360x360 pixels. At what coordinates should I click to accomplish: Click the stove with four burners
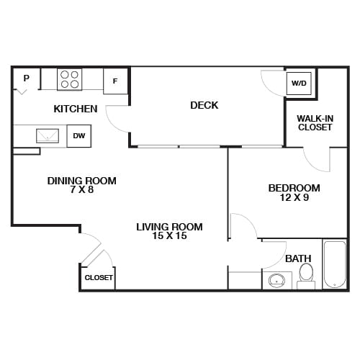coord(70,78)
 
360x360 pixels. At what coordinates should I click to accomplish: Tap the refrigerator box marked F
coord(115,81)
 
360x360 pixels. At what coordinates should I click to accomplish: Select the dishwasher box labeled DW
coord(78,136)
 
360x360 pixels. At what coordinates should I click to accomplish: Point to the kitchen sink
coord(48,135)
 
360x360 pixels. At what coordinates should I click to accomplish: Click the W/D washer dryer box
coord(299,84)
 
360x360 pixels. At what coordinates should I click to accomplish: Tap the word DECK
coord(204,106)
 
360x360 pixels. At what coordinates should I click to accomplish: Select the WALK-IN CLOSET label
coord(315,122)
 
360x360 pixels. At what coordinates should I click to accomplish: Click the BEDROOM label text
coord(294,188)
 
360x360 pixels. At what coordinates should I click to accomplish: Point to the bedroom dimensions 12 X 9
coord(294,198)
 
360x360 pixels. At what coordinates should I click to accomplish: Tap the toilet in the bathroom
coord(306,274)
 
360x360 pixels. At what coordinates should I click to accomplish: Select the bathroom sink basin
coord(276,281)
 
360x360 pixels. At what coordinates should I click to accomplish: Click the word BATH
coord(298,258)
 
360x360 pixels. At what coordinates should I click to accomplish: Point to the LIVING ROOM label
coord(169,227)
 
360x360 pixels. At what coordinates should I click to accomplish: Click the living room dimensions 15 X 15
coord(169,236)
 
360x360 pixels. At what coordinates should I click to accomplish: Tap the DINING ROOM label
coord(82,181)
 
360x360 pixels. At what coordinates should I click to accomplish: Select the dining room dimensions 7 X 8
coord(82,191)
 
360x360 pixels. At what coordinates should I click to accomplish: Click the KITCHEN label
coord(76,109)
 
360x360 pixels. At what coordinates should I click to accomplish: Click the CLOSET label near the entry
coord(99,277)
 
